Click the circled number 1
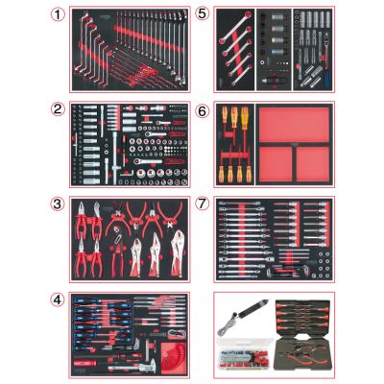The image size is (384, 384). pos(58,14)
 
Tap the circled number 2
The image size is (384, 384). pos(58,109)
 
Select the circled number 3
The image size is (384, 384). pos(58,204)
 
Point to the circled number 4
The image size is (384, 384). pos(58,300)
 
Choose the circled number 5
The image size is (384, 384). pos(202,13)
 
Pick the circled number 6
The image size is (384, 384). pos(202,111)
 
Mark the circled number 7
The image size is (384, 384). pos(202,204)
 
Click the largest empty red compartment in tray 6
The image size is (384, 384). pos(294,125)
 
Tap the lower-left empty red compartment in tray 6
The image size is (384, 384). pos(276,164)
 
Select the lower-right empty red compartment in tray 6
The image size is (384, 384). pos(312,164)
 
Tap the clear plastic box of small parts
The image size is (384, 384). pos(244,354)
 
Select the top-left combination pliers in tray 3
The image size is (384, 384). pos(81,219)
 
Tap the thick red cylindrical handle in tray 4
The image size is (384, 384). pos(84,363)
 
